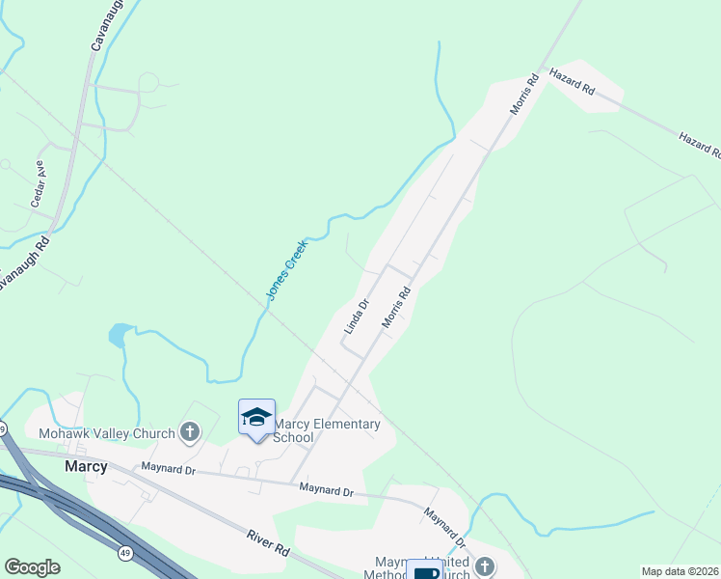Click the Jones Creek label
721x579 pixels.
click(x=286, y=269)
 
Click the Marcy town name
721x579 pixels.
click(x=85, y=465)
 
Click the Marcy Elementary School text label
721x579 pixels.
click(x=327, y=430)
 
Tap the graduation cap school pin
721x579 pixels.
click(x=256, y=417)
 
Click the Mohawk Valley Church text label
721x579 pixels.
click(x=106, y=432)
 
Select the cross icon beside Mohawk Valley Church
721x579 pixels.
click(x=190, y=431)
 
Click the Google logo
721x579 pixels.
click(x=32, y=567)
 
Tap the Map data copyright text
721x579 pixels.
click(x=681, y=571)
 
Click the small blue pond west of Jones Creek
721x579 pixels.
click(x=118, y=335)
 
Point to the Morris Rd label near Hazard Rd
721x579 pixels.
click(x=522, y=95)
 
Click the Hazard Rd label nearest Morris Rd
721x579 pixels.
click(x=572, y=80)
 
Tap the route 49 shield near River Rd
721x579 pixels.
click(x=125, y=552)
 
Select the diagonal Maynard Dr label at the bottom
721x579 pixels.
click(x=444, y=527)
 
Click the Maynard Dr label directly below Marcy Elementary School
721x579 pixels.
click(x=325, y=490)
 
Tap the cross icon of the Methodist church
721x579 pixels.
click(x=484, y=567)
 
